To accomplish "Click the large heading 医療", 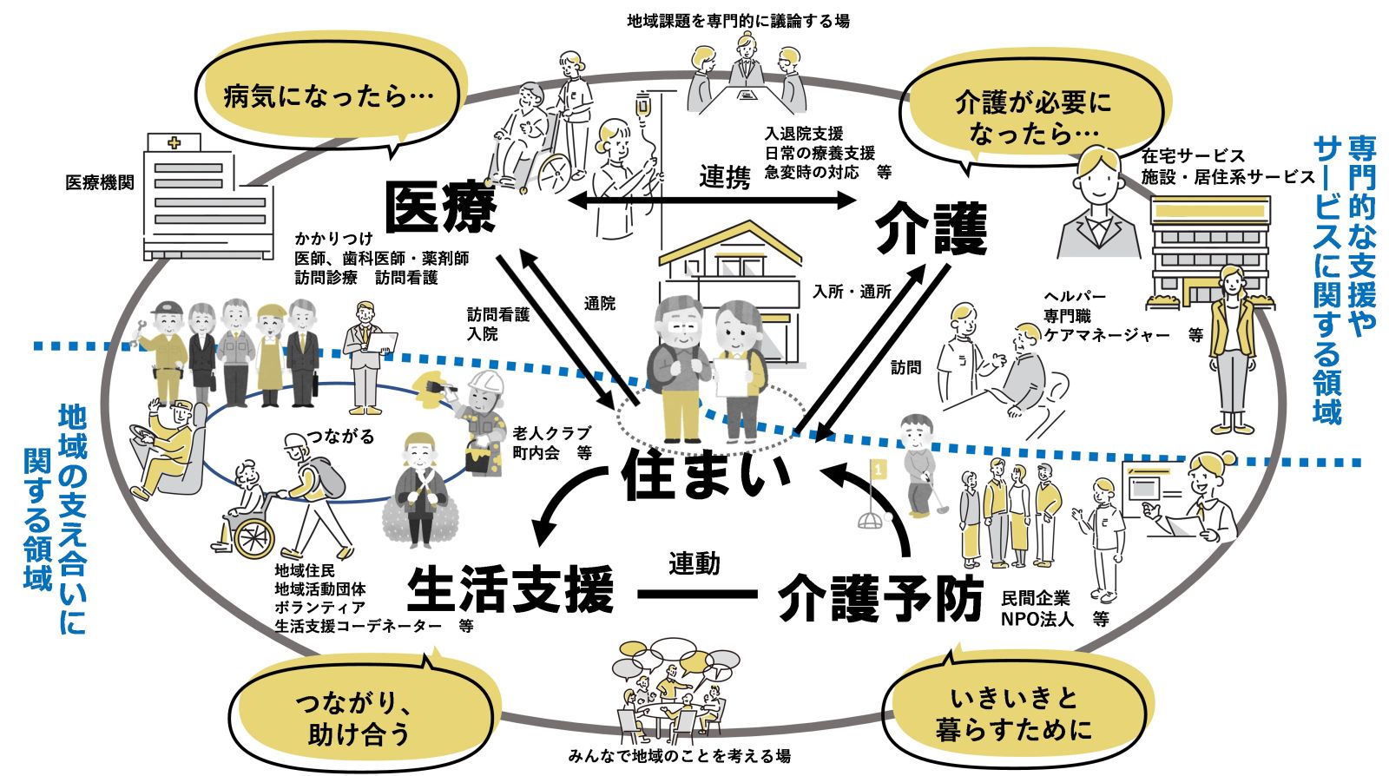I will tap(440, 207).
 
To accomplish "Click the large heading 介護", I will tap(931, 227).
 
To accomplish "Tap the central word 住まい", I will tap(707, 475).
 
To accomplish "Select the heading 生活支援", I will tap(510, 590).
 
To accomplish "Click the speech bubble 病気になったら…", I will tap(328, 95).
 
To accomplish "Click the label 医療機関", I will tap(100, 183).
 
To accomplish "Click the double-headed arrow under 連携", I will tap(711, 201).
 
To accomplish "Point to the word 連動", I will tap(694, 564).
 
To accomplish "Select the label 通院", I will tap(600, 303).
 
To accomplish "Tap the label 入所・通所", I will tap(852, 292).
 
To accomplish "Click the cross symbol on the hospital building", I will tap(174, 142).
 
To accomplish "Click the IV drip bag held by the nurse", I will tap(643, 108).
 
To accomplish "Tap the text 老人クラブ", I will tap(551, 432).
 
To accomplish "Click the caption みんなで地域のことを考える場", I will tap(679, 756).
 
